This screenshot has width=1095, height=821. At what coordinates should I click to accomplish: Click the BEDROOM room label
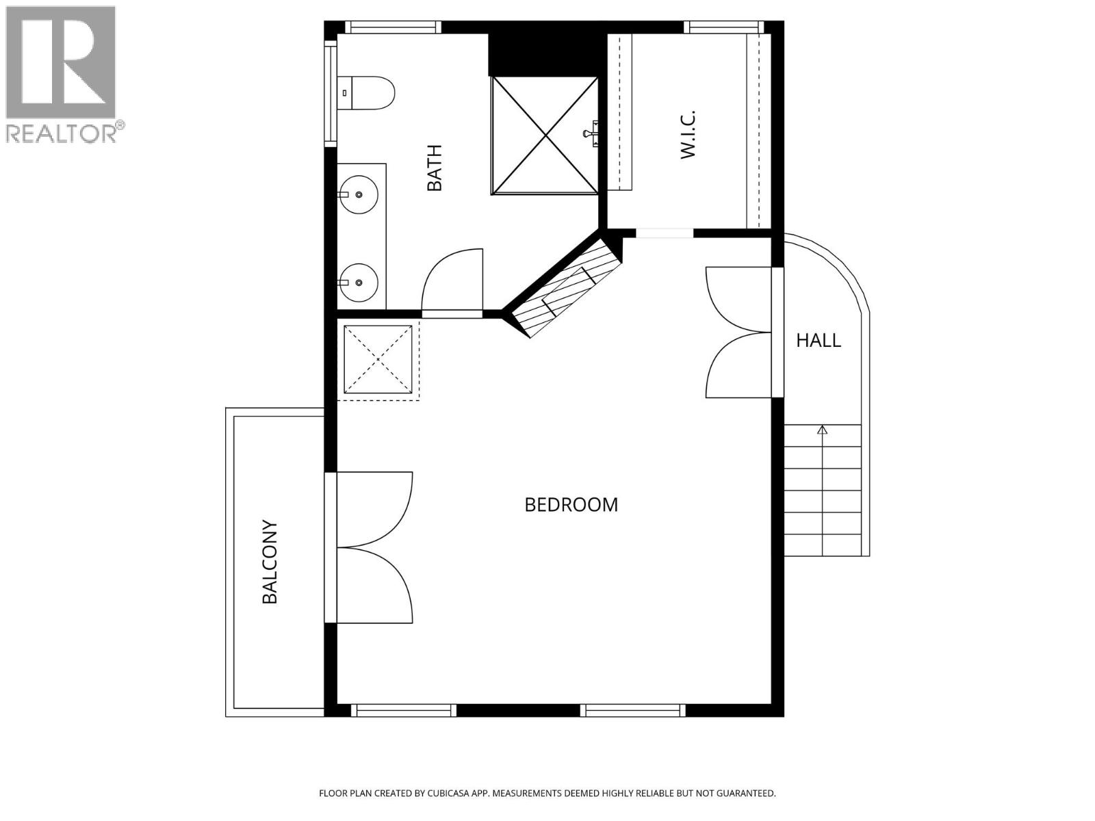coord(571,505)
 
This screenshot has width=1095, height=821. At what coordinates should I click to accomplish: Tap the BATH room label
coord(435,168)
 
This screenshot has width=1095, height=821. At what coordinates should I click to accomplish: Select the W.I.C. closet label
coord(688,134)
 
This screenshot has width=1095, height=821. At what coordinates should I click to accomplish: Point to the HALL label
coord(818,340)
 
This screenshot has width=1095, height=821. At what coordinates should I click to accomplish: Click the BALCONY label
coord(270,562)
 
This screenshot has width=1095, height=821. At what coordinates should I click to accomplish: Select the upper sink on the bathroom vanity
coord(358,194)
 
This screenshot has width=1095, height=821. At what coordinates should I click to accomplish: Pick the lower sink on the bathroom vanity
coord(358,282)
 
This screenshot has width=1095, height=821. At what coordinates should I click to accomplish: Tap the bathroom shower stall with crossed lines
coord(544,135)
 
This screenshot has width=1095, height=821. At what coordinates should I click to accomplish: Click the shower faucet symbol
coord(591,133)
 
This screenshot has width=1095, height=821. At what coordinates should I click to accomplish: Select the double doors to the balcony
coord(373,547)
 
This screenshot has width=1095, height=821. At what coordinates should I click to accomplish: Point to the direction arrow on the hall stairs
coord(822,430)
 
